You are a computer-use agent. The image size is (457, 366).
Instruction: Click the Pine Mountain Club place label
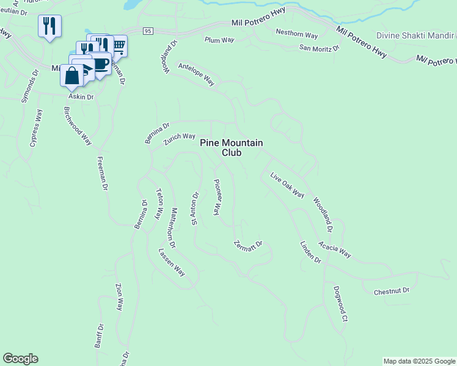pyautogui.click(x=232, y=148)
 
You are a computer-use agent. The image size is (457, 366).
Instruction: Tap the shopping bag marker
pyautogui.click(x=72, y=76)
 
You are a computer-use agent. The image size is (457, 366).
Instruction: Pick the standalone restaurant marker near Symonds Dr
pyautogui.click(x=49, y=26)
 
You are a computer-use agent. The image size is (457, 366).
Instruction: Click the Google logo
pyautogui.click(x=20, y=359)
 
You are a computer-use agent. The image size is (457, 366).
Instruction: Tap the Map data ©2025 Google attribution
pyautogui.click(x=419, y=361)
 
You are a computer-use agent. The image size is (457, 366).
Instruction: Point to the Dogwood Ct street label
pyautogui.click(x=340, y=304)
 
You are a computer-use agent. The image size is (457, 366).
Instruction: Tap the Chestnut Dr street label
pyautogui.click(x=391, y=292)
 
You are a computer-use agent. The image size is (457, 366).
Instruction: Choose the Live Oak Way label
pyautogui.click(x=287, y=185)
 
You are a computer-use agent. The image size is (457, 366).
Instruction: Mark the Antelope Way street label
pyautogui.click(x=196, y=73)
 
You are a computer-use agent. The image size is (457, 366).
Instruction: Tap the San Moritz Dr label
pyautogui.click(x=319, y=48)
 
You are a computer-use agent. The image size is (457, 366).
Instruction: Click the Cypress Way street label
pyautogui.click(x=36, y=128)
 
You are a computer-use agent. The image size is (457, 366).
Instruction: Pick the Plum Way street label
pyautogui.click(x=219, y=40)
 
